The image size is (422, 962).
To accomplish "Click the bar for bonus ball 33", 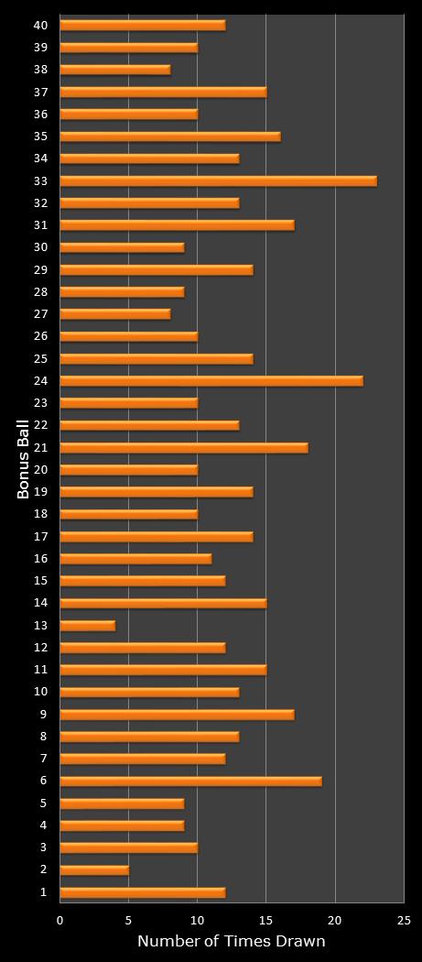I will [x=218, y=180].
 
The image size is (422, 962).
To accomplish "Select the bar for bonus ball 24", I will [x=211, y=381].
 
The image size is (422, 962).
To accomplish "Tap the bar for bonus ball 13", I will [x=87, y=626].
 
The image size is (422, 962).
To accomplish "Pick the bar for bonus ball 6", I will [x=190, y=782].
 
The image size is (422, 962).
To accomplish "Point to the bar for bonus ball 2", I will [x=94, y=870].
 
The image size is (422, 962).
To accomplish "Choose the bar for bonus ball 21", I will [x=184, y=448].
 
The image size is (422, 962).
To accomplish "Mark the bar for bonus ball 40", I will [x=142, y=25].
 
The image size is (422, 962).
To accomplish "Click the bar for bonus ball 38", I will [x=114, y=70].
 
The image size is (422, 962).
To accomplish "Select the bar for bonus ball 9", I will [x=177, y=715].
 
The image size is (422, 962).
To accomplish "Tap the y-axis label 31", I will [x=40, y=225].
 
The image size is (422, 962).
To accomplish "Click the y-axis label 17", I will [x=40, y=537].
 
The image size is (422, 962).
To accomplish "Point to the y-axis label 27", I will [x=40, y=314].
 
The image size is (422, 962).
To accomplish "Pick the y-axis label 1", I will [x=43, y=892].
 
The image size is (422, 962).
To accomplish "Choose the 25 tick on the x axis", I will [x=404, y=920].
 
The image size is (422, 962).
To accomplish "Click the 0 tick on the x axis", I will [x=60, y=920].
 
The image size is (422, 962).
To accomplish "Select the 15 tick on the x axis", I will [x=265, y=920].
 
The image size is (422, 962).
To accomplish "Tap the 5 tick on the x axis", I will [x=129, y=920].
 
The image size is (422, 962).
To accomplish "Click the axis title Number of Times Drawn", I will [x=231, y=942].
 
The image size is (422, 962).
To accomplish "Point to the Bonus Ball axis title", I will [x=23, y=458].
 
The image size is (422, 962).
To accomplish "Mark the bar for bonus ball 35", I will [x=170, y=137].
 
